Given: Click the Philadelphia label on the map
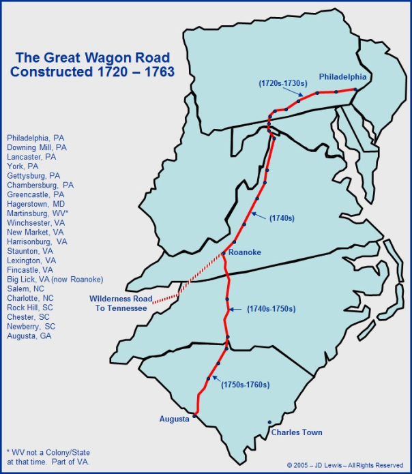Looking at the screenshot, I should [342, 77].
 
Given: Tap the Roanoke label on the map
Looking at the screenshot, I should [244, 253].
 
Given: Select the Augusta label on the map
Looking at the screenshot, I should [175, 419].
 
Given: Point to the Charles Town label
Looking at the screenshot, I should [297, 432].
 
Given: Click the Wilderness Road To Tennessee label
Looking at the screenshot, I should [119, 303].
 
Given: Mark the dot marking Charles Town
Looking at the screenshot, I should [269, 422].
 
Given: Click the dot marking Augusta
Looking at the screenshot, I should [195, 415].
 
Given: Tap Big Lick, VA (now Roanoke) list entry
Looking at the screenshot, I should [55, 280].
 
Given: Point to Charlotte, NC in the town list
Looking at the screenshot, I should [31, 299].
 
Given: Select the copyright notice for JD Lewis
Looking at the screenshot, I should [346, 466].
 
